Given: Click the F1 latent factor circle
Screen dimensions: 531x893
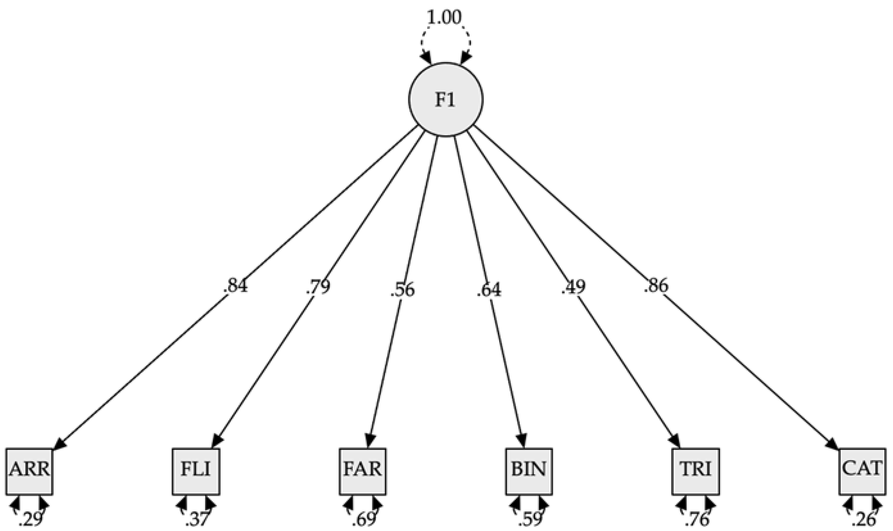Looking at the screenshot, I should tap(446, 99).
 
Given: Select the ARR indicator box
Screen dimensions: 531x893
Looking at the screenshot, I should tap(29, 471).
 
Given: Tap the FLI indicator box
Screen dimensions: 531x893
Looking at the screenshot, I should tap(196, 471).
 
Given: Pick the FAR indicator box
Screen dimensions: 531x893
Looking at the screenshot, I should tap(363, 471).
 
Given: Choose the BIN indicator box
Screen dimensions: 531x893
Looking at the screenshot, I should tap(529, 471).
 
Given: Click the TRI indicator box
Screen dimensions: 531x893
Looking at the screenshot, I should tap(696, 471).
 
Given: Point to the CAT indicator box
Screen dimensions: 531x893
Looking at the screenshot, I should tap(862, 471).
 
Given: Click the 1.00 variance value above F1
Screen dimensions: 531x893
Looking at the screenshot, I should tap(445, 17).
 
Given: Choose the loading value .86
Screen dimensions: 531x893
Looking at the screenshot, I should tap(656, 286).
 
